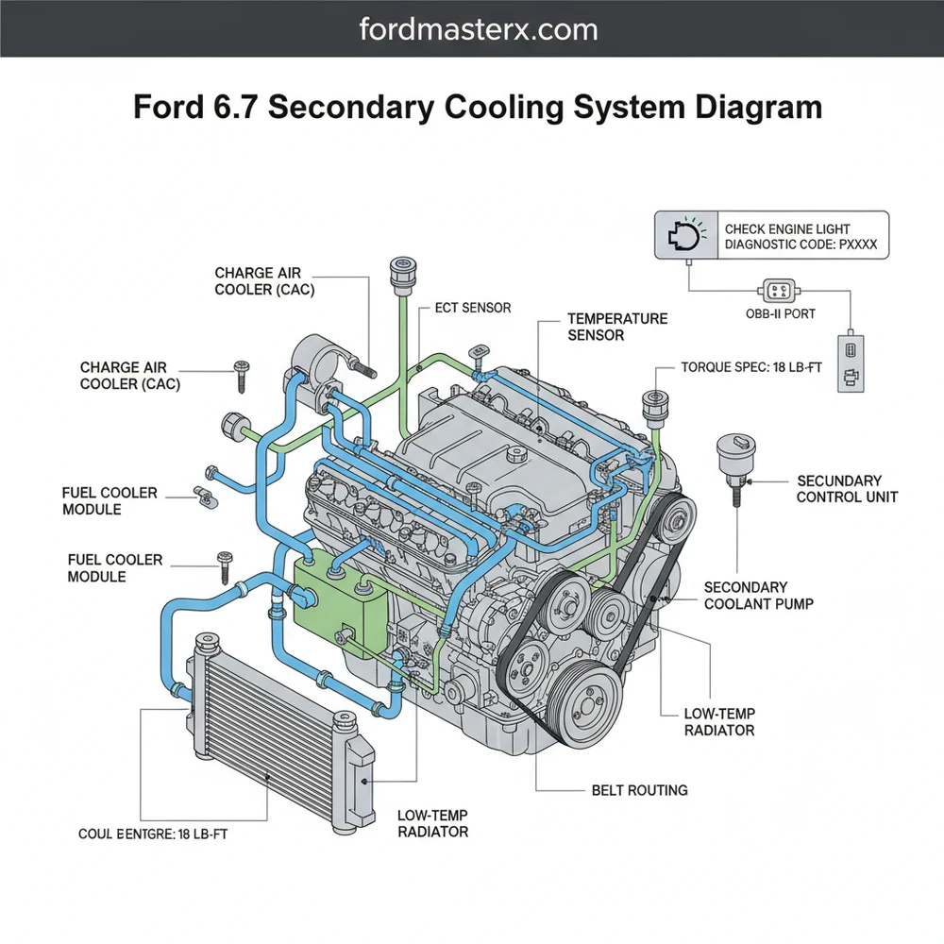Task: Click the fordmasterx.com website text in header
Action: click(x=479, y=29)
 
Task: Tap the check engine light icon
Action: click(x=684, y=236)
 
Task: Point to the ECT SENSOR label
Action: click(x=473, y=309)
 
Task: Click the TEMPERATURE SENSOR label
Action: click(x=617, y=328)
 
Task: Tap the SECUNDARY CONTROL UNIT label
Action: click(x=847, y=489)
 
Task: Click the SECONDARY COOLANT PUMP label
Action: click(x=758, y=596)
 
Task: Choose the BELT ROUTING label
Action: click(x=639, y=790)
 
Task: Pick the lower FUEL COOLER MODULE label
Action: click(x=115, y=567)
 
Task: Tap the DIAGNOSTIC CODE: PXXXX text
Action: click(x=801, y=244)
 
